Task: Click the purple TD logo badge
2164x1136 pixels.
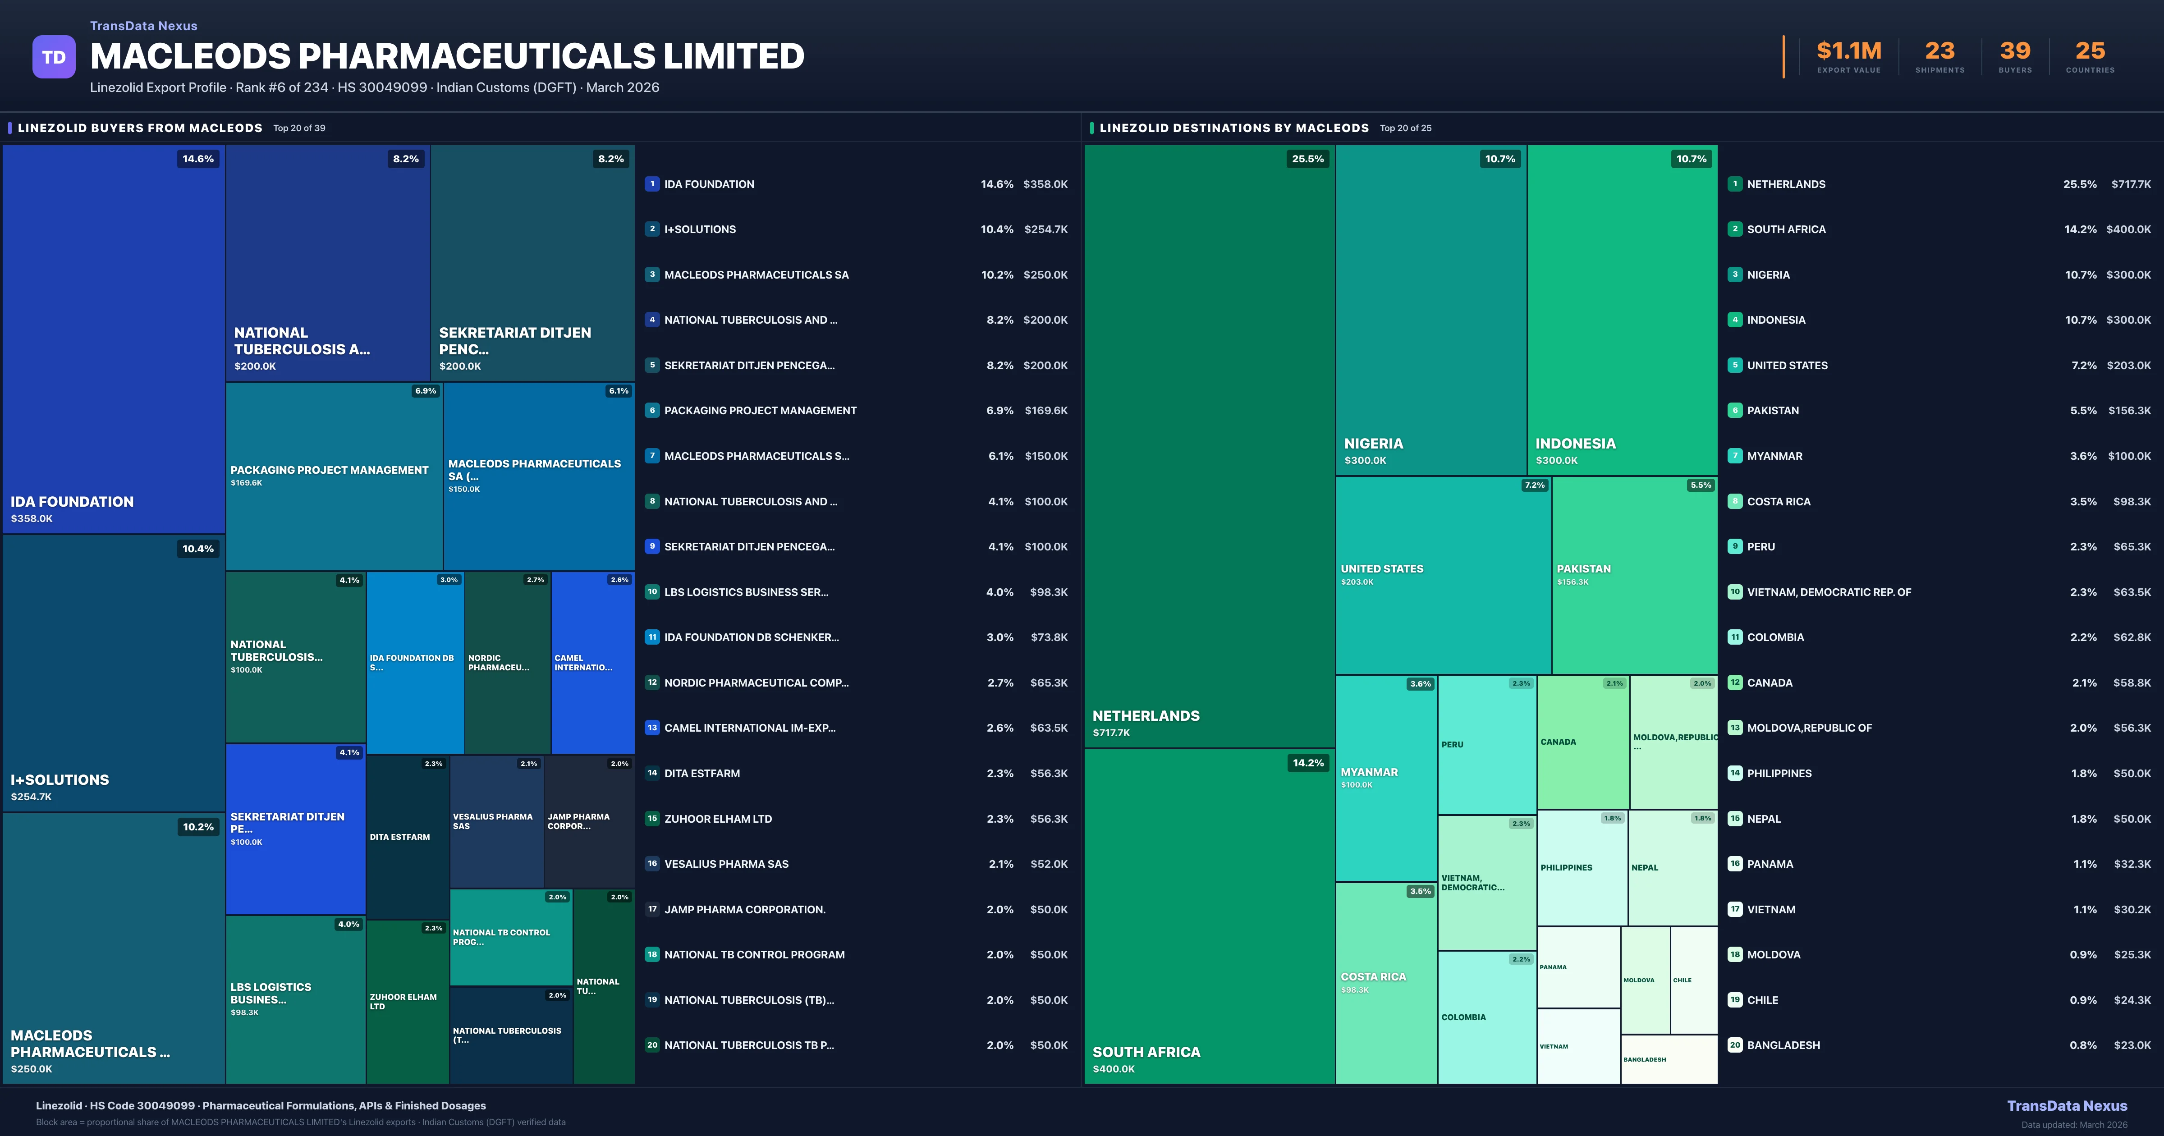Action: [54, 57]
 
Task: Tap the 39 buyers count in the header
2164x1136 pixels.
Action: [2014, 51]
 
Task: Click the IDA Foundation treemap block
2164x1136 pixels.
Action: [114, 336]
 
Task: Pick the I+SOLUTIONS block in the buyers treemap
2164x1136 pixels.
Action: [114, 672]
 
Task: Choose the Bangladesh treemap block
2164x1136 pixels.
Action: [1669, 1059]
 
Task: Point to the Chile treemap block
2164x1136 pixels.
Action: [1694, 980]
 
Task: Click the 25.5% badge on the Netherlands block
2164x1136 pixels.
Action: [1307, 159]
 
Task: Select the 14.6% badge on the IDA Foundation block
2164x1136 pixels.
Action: [198, 159]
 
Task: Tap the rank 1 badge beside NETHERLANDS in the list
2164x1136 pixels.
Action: [1735, 184]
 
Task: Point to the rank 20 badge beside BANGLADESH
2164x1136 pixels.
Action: [1735, 1045]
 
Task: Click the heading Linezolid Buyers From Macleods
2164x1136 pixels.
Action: [139, 128]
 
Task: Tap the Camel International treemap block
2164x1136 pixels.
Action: [592, 662]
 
